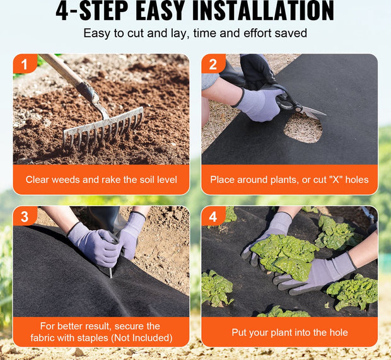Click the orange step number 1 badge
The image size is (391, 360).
[25, 64]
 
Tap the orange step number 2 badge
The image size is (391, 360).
[213, 64]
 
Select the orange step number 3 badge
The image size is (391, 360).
[25, 216]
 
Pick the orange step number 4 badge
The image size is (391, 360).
[213, 216]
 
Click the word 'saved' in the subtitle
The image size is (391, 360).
[291, 33]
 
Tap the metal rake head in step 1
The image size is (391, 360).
[103, 128]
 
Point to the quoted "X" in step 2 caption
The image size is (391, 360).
[336, 180]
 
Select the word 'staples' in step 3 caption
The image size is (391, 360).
[93, 338]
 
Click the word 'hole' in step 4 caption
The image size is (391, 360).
[339, 332]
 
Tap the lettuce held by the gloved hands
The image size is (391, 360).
[285, 257]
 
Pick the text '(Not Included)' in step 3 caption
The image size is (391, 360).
[142, 338]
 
